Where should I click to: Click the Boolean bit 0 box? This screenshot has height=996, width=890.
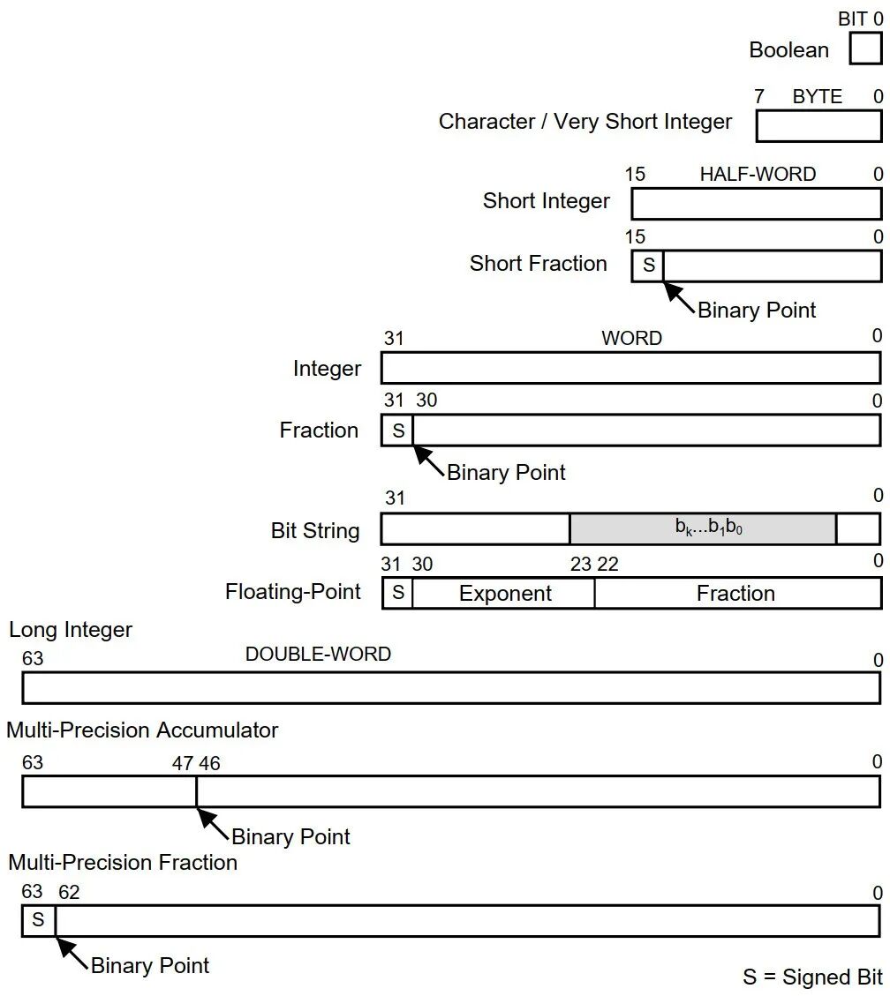pyautogui.click(x=865, y=49)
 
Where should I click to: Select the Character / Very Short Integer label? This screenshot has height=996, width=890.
pyautogui.click(x=585, y=122)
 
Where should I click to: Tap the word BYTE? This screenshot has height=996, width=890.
pyautogui.click(x=817, y=97)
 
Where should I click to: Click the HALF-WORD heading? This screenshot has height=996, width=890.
pyautogui.click(x=758, y=175)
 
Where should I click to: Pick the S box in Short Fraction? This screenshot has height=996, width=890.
pyautogui.click(x=648, y=266)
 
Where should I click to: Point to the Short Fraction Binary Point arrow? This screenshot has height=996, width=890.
pyautogui.click(x=679, y=296)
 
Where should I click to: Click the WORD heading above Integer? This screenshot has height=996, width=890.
pyautogui.click(x=631, y=339)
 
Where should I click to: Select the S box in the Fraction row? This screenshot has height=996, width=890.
pyautogui.click(x=397, y=431)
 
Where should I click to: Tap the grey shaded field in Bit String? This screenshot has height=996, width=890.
pyautogui.click(x=703, y=528)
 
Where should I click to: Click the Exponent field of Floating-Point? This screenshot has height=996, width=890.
pyautogui.click(x=505, y=594)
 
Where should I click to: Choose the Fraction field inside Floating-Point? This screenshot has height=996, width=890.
pyautogui.click(x=735, y=594)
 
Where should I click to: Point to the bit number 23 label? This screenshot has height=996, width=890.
pyautogui.click(x=580, y=565)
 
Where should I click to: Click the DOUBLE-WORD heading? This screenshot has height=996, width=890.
pyautogui.click(x=318, y=655)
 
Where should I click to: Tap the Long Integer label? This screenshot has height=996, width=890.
pyautogui.click(x=71, y=630)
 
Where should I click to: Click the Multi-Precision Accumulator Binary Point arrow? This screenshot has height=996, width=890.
pyautogui.click(x=213, y=821)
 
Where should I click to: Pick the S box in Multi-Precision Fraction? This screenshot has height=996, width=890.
pyautogui.click(x=38, y=920)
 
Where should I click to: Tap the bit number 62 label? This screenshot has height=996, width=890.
pyautogui.click(x=69, y=893)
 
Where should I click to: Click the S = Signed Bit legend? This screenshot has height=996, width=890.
pyautogui.click(x=811, y=977)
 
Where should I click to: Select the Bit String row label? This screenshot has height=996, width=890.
pyautogui.click(x=315, y=531)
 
